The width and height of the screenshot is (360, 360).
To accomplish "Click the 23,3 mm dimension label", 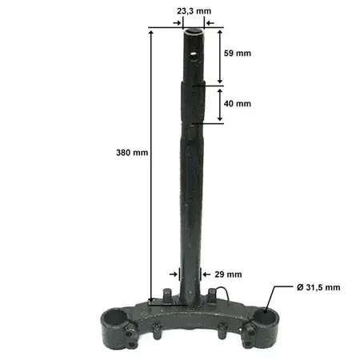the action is point(194,11).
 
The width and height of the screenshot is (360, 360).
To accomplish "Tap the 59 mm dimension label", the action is point(238,53).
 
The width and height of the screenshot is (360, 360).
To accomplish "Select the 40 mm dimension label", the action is point(238,103).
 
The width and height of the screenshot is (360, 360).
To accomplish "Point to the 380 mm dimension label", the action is point(132,153).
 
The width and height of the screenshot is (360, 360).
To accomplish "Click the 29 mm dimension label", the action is point(228,274).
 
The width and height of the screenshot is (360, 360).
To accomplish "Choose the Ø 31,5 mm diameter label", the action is point(318,287).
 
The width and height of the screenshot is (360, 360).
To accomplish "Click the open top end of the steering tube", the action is point(194,32).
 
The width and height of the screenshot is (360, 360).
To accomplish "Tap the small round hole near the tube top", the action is point(193,57).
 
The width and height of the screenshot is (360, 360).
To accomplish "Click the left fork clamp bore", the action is point(114,317).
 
